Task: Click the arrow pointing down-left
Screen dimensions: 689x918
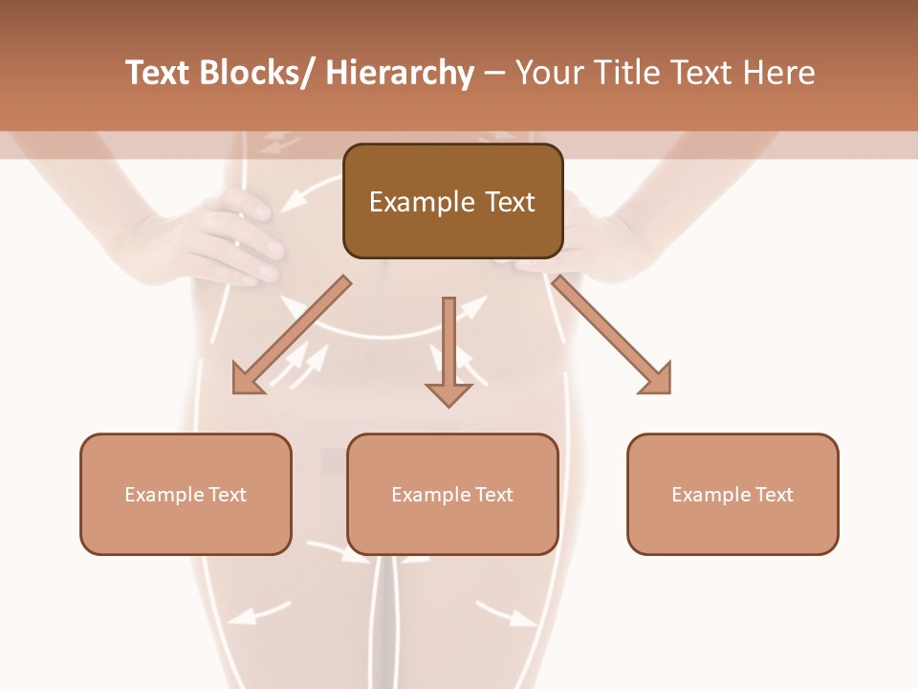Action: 292,335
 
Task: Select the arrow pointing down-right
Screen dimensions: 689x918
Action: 612,335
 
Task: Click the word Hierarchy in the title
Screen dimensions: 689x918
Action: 400,73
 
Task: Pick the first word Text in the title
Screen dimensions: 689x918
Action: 159,73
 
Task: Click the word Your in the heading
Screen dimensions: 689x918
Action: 549,73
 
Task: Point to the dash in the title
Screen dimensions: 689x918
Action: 494,73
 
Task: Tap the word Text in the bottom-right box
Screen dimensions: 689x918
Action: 774,495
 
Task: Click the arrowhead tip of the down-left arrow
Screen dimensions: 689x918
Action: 236,389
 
